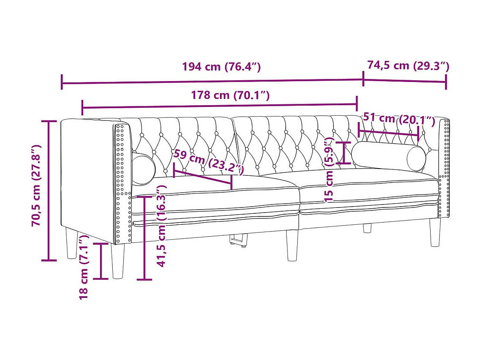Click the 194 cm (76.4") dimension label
(x=221, y=67)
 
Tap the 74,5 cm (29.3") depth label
(x=408, y=65)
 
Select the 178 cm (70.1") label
(x=230, y=95)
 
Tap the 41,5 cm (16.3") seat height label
(x=161, y=226)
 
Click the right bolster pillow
(x=388, y=156)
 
